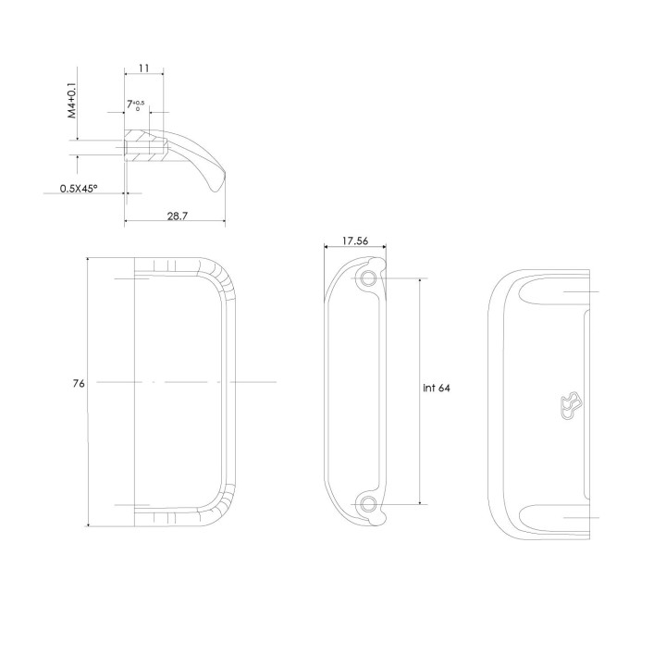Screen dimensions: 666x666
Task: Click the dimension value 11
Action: (x=144, y=68)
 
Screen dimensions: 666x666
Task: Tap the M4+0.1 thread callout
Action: (x=73, y=98)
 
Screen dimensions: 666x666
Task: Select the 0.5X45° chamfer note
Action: (x=79, y=188)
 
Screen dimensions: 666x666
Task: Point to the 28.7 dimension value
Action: (x=177, y=216)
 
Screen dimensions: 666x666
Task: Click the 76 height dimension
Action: (x=79, y=383)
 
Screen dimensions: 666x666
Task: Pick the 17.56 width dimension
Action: (x=355, y=240)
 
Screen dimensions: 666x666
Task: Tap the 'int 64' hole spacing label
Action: (x=437, y=388)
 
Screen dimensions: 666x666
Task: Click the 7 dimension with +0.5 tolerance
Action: (x=135, y=105)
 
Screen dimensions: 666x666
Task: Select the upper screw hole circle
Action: (x=367, y=278)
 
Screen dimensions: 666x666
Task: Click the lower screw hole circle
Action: (x=367, y=504)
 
